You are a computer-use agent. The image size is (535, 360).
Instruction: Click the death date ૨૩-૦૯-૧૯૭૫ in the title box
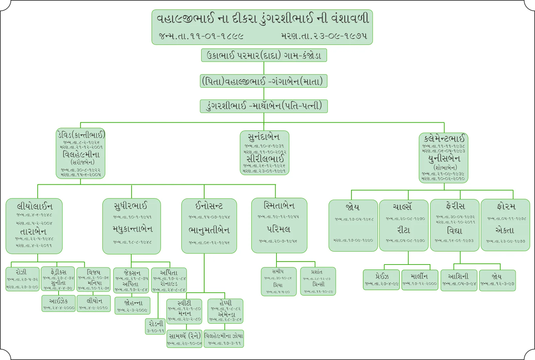pos(324,36)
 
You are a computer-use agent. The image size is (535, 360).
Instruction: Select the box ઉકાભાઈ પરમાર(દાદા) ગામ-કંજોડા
pos(264,55)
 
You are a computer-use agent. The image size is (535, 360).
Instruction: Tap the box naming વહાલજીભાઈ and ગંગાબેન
pos(264,81)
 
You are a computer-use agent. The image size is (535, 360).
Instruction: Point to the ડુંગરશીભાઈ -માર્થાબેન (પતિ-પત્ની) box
pos(264,106)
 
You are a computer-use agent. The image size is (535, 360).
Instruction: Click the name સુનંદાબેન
pos(264,137)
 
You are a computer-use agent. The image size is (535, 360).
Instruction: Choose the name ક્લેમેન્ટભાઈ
pos(444,138)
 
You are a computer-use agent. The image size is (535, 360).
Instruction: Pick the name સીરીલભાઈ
pos(265,159)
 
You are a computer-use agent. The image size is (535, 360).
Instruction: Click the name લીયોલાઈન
pos(34,206)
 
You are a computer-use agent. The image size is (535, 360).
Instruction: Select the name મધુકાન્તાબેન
pos(132,229)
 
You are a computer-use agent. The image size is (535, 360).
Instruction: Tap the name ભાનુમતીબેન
pos(209,230)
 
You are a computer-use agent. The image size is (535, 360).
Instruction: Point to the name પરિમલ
pos(278,229)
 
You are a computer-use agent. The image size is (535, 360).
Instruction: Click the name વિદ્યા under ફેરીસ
pos(455,231)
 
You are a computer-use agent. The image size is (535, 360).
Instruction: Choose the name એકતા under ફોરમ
pos(505,230)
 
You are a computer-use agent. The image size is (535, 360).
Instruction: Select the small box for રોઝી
pos(22,279)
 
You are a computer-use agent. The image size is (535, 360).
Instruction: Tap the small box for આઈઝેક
pos(59,303)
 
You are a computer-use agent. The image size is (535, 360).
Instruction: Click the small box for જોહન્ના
pos(133,305)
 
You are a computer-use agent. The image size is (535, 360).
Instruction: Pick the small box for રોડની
pos(155,326)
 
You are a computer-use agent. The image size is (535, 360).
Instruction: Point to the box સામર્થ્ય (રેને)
pos(185,338)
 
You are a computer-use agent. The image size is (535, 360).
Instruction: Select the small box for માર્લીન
pos(419,279)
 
